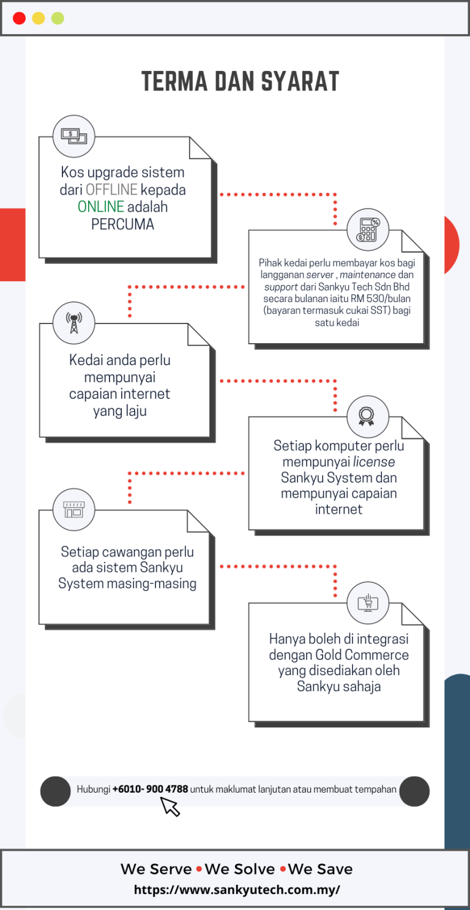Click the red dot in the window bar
(x=19, y=18)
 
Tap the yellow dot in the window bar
(x=38, y=18)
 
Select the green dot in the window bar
(x=58, y=18)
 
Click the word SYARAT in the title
(x=300, y=81)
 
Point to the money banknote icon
(x=73, y=136)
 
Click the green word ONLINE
(x=101, y=207)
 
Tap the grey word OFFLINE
(x=111, y=190)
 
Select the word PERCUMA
(x=122, y=224)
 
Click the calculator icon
(x=368, y=229)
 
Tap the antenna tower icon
(x=73, y=323)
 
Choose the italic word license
(x=374, y=462)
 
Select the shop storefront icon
(x=73, y=509)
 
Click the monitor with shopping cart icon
(x=368, y=602)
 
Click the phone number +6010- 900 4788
(x=150, y=790)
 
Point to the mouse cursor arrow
(x=170, y=807)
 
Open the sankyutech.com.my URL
(x=237, y=890)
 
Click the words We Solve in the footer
(x=240, y=870)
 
